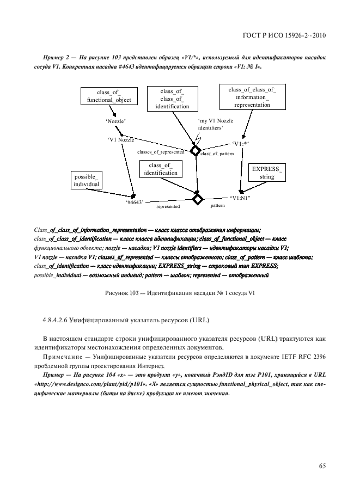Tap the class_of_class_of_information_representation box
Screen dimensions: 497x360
252,97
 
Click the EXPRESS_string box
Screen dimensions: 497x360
267,173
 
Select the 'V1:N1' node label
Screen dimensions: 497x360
240,198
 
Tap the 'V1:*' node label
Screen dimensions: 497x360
240,144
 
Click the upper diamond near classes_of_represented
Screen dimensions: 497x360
195,150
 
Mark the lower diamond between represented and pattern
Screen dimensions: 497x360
197,199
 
